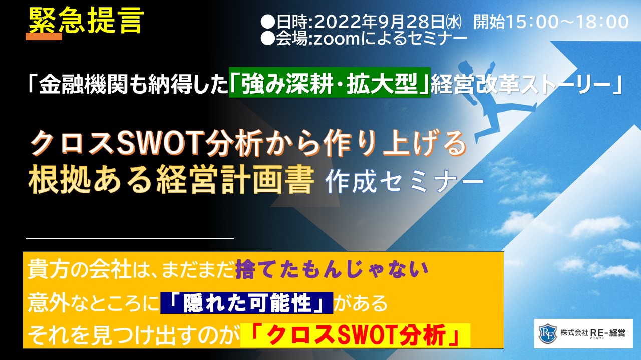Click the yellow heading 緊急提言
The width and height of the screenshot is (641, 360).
[86, 20]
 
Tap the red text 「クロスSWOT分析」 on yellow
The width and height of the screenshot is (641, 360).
[356, 335]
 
